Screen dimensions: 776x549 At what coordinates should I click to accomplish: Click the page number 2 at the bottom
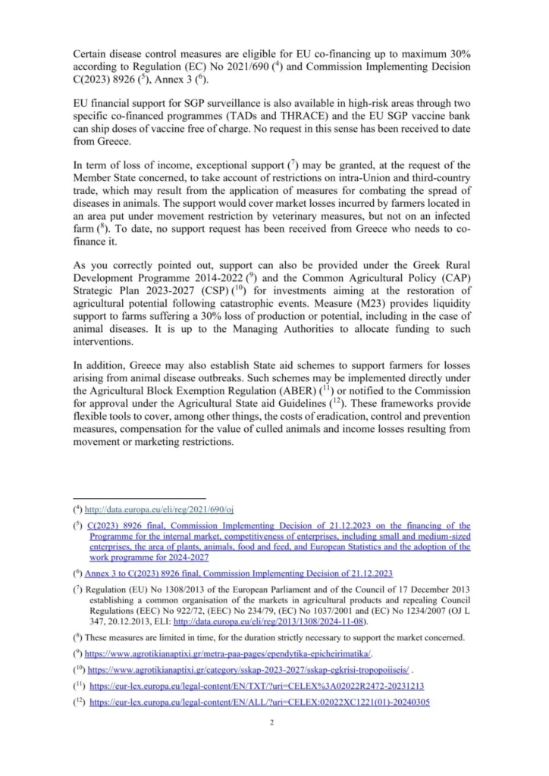271,722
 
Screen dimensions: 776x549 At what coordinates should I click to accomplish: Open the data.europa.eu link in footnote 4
159,510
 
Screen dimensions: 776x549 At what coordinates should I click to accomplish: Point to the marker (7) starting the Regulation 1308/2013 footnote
77,589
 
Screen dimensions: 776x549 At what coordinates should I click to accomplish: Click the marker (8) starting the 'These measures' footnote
77,637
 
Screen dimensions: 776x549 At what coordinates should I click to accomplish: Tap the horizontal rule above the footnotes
121,497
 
